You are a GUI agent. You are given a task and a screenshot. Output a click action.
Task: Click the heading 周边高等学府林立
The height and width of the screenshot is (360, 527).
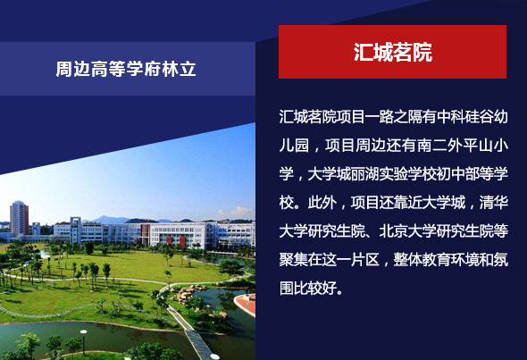(x=126, y=69)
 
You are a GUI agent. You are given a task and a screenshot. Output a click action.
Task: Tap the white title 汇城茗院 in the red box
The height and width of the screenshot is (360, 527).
(x=392, y=52)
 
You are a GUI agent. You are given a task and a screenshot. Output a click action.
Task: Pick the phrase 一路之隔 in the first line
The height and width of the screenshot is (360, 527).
(x=394, y=117)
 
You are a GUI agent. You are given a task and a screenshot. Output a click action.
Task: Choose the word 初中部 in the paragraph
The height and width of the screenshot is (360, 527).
(x=457, y=174)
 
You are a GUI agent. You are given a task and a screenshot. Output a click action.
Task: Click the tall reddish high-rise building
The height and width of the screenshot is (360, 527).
(x=19, y=218)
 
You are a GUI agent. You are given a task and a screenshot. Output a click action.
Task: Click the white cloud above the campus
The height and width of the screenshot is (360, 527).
(x=239, y=212)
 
